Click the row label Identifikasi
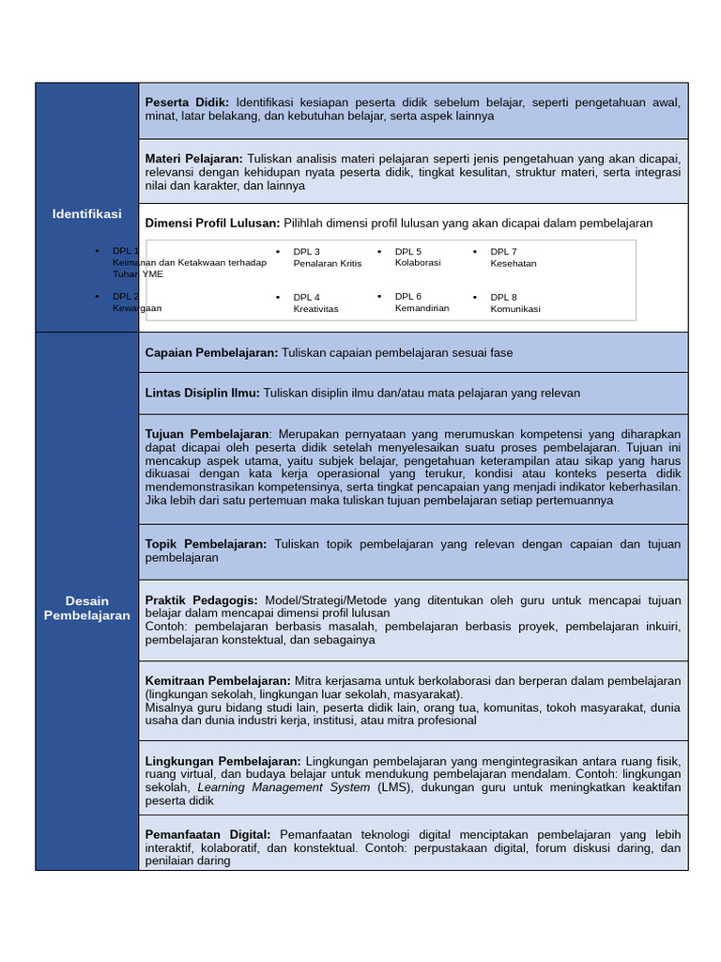(86, 214)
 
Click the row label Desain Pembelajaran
(86, 608)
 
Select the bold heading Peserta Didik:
(187, 102)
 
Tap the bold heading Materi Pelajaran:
(193, 159)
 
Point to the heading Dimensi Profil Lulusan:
(212, 223)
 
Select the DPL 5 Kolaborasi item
(417, 256)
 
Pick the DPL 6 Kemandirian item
(422, 302)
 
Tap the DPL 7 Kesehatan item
(513, 257)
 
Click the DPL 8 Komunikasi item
(514, 303)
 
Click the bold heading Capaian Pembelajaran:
(211, 352)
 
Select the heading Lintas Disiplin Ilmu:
(202, 393)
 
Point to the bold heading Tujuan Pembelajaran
(207, 434)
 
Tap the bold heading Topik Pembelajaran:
(206, 544)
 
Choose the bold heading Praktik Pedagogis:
(203, 600)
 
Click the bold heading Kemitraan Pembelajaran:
(218, 680)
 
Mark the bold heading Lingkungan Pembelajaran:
(222, 761)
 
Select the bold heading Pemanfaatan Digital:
(207, 834)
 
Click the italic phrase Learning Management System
(284, 787)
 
